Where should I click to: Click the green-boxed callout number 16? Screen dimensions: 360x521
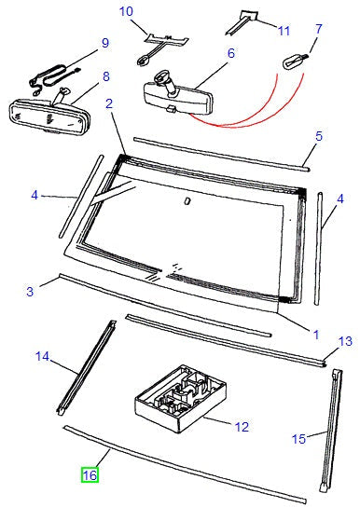click(x=90, y=475)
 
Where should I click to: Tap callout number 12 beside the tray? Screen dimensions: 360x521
click(x=242, y=427)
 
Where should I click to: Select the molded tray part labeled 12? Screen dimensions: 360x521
click(x=181, y=398)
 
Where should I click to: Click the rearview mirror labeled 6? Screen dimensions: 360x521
click(x=178, y=96)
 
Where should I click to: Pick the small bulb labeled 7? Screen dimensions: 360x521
click(x=295, y=62)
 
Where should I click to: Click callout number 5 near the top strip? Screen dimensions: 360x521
click(x=319, y=136)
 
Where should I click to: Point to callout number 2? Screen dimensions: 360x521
click(x=109, y=103)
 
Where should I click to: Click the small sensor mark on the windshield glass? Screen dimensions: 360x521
click(x=187, y=201)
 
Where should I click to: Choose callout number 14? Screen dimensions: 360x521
click(x=42, y=357)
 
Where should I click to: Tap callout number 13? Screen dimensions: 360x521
click(x=345, y=341)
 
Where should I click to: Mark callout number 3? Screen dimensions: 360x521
click(x=30, y=292)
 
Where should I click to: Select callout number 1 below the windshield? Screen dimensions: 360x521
click(x=316, y=335)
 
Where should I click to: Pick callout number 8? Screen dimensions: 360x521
click(x=106, y=76)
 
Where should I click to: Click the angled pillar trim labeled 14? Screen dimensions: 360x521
click(x=86, y=368)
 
